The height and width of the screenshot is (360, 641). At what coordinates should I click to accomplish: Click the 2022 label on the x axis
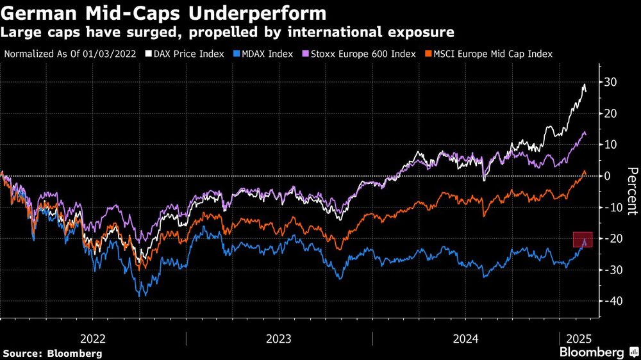click(x=93, y=338)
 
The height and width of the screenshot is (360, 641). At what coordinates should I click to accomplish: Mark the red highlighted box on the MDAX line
click(x=582, y=239)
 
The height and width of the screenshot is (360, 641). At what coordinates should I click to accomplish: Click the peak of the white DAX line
click(x=584, y=85)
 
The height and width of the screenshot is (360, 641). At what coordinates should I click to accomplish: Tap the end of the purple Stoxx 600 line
click(x=585, y=133)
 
